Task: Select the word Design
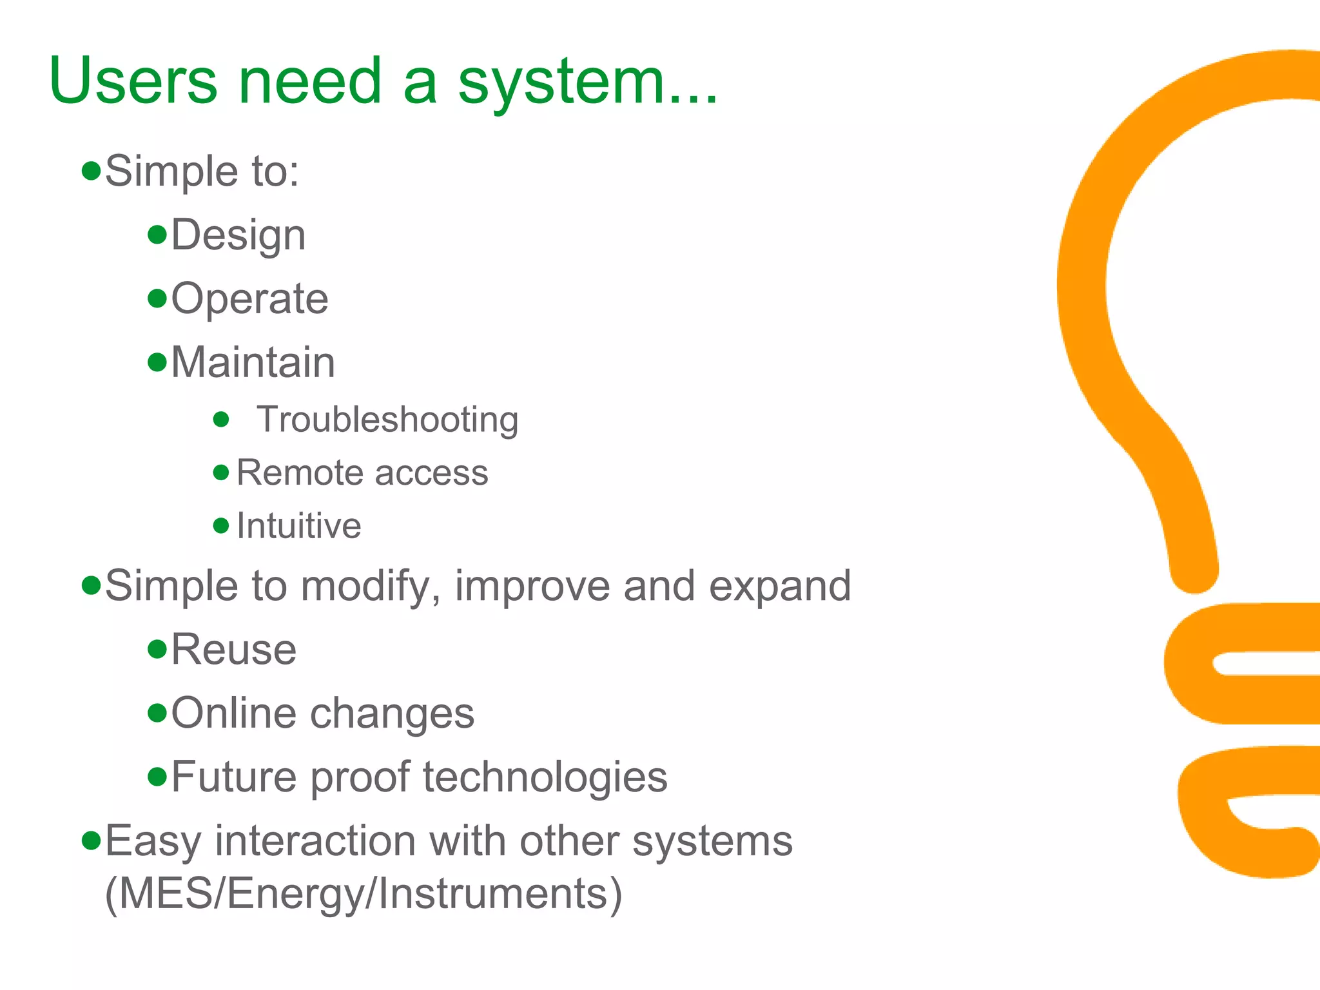coord(238,236)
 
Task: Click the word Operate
coord(249,299)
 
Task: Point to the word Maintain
coord(253,362)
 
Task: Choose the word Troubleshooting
coord(387,420)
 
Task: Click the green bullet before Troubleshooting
coord(221,420)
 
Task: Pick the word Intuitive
coord(298,526)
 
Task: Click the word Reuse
coord(233,650)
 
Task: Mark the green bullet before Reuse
coord(157,648)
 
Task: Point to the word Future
coord(235,777)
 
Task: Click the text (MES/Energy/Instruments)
coord(364,894)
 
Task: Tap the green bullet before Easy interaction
coord(92,840)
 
